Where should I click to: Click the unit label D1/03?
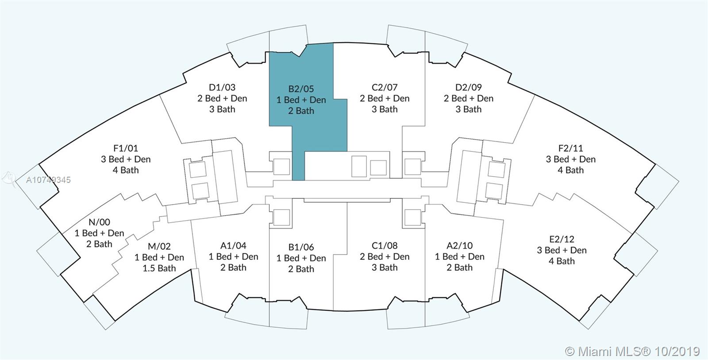click(222, 87)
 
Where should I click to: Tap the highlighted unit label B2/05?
click(301, 89)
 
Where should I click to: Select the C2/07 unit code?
click(385, 87)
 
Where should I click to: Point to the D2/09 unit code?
click(469, 87)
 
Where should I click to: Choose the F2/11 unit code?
click(570, 148)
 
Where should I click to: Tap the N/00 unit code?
click(99, 222)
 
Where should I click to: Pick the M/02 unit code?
click(159, 246)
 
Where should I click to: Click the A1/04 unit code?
click(233, 245)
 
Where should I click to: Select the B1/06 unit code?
click(301, 247)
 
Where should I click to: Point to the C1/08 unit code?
click(385, 245)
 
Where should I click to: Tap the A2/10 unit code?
click(460, 245)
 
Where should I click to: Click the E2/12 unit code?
click(562, 239)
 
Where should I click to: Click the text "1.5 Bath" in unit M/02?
click(159, 268)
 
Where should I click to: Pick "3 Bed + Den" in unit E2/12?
click(562, 250)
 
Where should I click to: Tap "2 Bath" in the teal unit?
click(301, 111)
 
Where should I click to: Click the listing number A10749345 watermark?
click(48, 180)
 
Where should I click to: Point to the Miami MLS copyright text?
click(633, 351)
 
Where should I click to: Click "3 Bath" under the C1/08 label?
click(385, 267)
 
